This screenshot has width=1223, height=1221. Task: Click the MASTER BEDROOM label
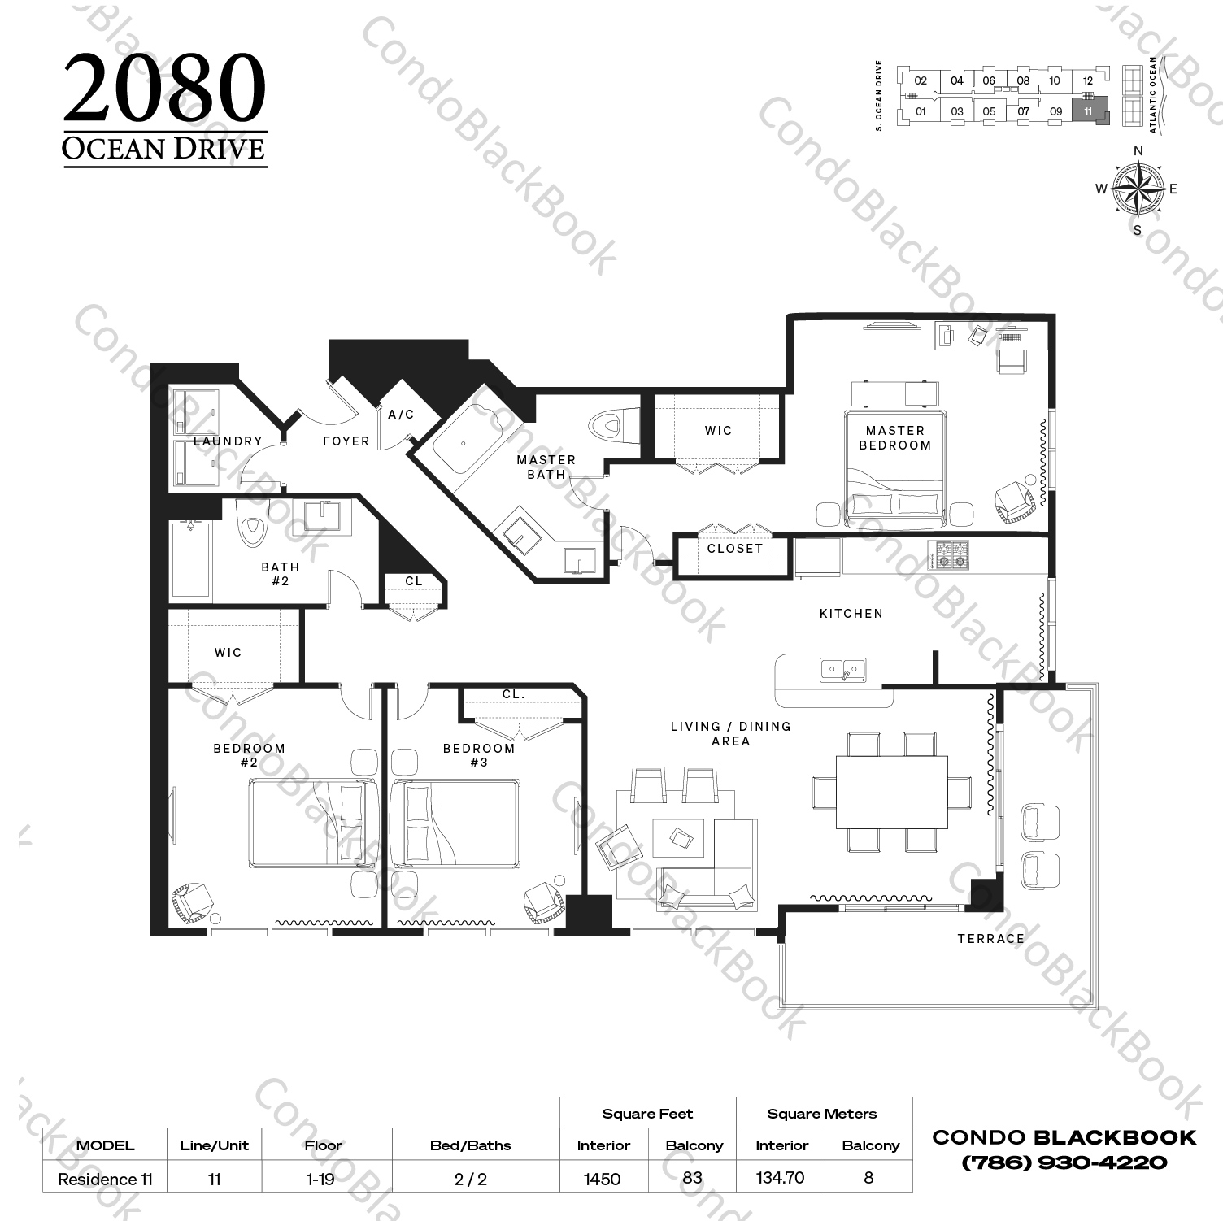pos(894,437)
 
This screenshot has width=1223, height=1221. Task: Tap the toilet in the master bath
pos(607,424)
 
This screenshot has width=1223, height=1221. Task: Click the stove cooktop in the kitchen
pos(951,556)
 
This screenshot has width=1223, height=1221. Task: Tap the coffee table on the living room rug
pos(678,836)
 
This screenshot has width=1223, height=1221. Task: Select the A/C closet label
pos(401,415)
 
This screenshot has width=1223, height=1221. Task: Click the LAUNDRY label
pos(228,441)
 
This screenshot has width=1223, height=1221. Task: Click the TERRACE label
pos(990,939)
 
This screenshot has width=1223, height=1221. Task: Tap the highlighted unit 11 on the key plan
pos(1087,111)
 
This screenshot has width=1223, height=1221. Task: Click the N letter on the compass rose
pos(1138,150)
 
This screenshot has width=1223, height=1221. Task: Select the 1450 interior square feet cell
pos(602,1179)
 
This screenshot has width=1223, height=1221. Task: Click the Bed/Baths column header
pos(470,1145)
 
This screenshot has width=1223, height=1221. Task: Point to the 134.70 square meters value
pos(780,1178)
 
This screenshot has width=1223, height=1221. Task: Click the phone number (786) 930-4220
pos(1064,1162)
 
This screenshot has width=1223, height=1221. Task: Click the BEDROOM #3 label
pos(478,755)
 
